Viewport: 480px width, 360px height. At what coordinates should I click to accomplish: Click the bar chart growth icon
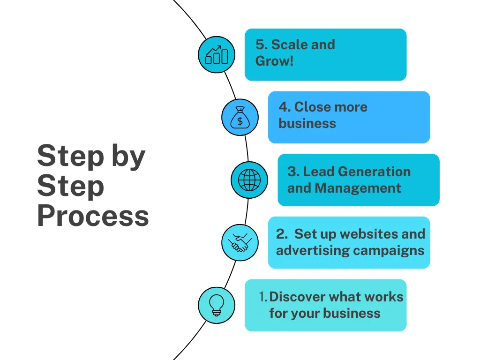[217, 55]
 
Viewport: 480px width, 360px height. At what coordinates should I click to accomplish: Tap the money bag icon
[240, 117]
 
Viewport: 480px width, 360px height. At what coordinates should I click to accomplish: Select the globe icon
[249, 180]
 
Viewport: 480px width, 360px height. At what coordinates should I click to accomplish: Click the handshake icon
[240, 243]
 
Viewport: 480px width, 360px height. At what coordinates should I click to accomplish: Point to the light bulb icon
[217, 305]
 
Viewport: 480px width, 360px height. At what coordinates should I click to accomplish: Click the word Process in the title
[93, 217]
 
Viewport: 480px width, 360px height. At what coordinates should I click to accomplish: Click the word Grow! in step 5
[275, 61]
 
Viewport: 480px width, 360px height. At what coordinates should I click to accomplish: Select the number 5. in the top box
[261, 45]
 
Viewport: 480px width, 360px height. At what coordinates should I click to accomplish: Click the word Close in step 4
[312, 107]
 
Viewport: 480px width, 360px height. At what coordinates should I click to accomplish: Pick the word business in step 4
[307, 123]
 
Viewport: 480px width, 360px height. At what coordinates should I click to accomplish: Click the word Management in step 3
[358, 188]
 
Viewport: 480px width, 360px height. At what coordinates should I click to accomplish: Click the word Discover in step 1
[297, 297]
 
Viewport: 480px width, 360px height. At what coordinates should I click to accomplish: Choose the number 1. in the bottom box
[263, 297]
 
